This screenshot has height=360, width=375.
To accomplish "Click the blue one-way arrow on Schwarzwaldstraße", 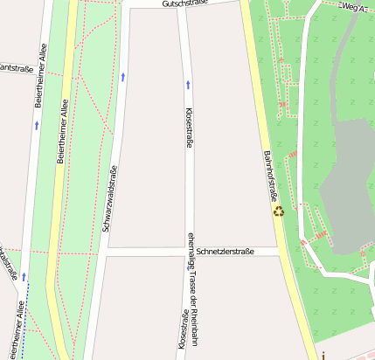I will (x=123, y=77).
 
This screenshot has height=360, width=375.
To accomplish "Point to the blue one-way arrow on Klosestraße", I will (x=188, y=84).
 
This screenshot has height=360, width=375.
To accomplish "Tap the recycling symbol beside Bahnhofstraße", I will (x=278, y=210).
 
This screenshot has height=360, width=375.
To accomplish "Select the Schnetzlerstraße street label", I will (x=225, y=252).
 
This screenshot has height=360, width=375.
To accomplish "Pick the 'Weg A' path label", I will (x=353, y=7).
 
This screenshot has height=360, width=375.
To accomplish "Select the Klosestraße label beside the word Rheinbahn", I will (x=184, y=332).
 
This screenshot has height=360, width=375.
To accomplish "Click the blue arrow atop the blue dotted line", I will (x=24, y=277).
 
